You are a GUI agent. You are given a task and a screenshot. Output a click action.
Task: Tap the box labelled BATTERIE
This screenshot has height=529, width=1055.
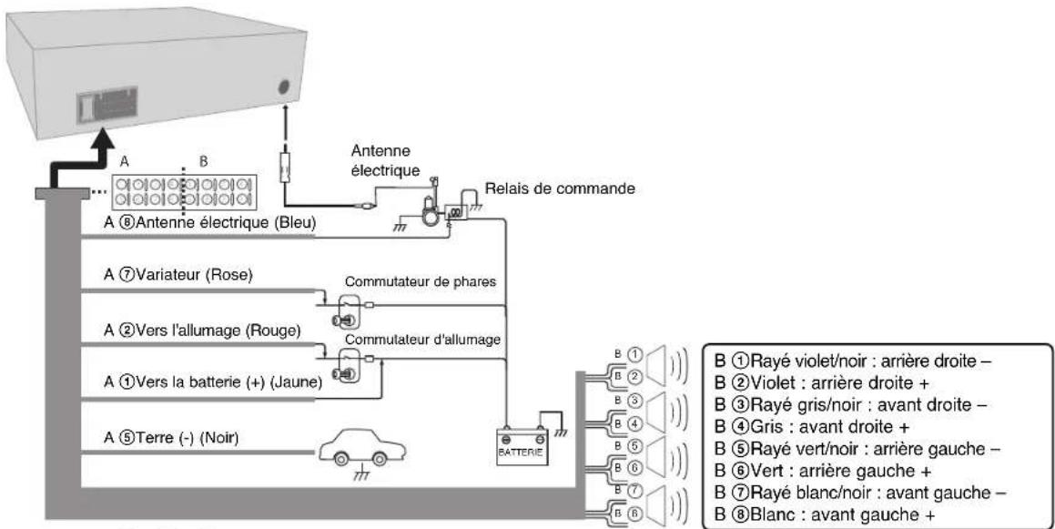[x=522, y=445]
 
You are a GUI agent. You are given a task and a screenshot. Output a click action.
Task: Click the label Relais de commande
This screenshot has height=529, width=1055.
[x=560, y=188]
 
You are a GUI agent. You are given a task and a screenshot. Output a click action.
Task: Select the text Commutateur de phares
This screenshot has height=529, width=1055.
[x=421, y=282]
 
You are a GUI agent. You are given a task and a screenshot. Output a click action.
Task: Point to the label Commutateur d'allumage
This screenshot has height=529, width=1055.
[x=422, y=341]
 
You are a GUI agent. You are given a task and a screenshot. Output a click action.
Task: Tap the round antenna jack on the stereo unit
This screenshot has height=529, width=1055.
[x=283, y=87]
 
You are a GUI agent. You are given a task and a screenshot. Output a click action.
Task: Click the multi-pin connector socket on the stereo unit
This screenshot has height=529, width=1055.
[x=107, y=105]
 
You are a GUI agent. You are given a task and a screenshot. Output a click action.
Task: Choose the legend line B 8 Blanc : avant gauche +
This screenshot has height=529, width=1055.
[x=825, y=514]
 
